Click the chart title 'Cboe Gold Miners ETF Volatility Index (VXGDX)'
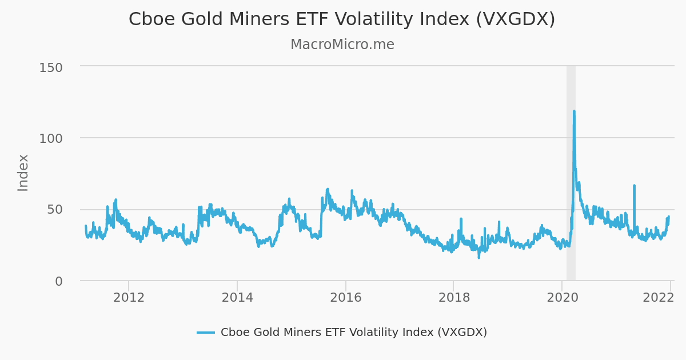[x=342, y=19]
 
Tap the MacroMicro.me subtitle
[x=342, y=45]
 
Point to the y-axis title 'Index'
[x=23, y=173]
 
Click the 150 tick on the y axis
[x=51, y=67]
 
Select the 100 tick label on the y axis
[x=51, y=138]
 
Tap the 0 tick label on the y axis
[x=59, y=281]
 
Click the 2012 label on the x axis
[x=129, y=298]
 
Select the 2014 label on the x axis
[x=237, y=298]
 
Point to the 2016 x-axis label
[x=345, y=298]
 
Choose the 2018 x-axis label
[x=454, y=298]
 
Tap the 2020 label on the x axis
[x=562, y=298]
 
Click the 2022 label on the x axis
[x=658, y=298]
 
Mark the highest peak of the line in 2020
[x=574, y=111]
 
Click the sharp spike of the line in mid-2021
[x=634, y=186]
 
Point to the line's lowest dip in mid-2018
[x=479, y=257]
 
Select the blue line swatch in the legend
[x=206, y=333]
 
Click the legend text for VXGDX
[x=353, y=333]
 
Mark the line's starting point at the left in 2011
[x=86, y=226]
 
